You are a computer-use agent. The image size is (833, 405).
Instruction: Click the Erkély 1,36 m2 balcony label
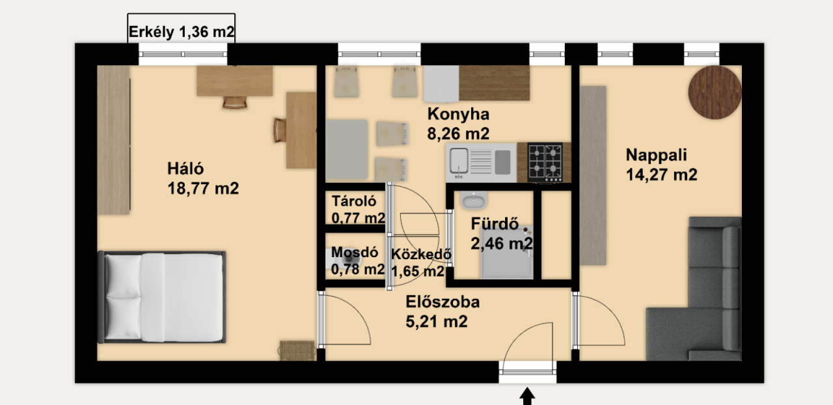tap(182, 32)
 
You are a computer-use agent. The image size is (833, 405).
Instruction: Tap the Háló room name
tap(185, 169)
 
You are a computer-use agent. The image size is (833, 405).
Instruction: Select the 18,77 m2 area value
tap(203, 188)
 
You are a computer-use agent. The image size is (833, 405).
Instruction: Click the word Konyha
tap(458, 115)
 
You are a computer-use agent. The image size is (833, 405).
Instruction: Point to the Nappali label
tap(657, 155)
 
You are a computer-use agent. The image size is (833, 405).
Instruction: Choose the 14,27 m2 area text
tap(662, 175)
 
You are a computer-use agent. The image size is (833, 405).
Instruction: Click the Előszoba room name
tap(443, 301)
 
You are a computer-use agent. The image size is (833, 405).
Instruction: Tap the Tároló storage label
tap(354, 201)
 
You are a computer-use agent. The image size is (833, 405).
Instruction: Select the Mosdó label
tap(355, 252)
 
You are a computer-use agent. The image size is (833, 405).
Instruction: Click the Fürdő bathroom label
tap(495, 224)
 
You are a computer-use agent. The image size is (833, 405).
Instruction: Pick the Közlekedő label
tap(421, 254)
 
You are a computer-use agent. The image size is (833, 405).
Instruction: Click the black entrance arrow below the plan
tap(527, 397)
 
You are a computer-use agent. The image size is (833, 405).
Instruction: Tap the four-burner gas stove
tap(545, 163)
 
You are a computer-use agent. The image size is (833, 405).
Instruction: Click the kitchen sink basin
tap(459, 161)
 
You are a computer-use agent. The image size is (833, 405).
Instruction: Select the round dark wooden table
tap(715, 92)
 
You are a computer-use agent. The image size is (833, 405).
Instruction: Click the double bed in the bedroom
tap(162, 297)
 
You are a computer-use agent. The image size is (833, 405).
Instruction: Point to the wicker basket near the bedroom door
tap(296, 350)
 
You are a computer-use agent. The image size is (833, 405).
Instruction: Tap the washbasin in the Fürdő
tap(473, 201)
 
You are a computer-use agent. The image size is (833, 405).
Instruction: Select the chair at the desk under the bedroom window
tap(235, 102)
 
